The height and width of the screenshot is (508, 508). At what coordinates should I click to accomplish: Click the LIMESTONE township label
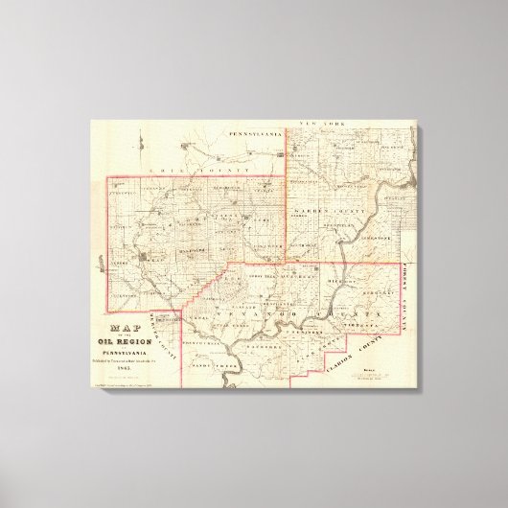[376, 235]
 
